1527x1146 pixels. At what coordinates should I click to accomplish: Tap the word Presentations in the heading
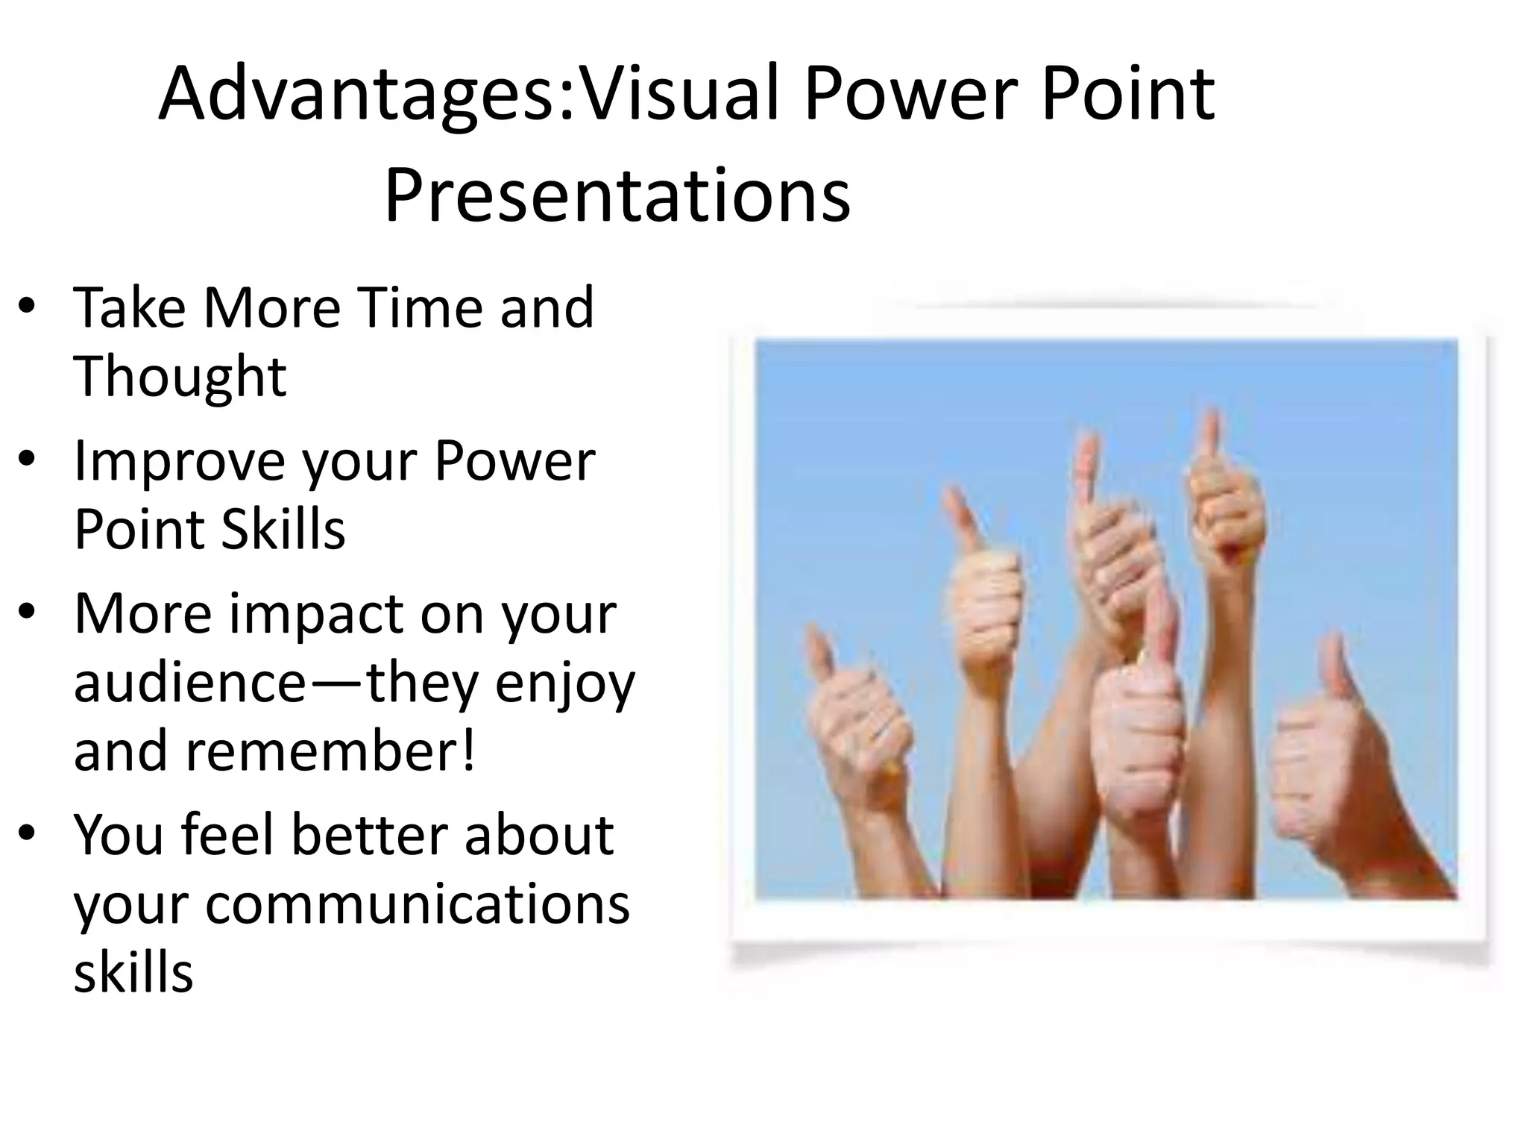pyautogui.click(x=617, y=195)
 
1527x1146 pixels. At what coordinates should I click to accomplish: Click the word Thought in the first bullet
pyautogui.click(x=180, y=376)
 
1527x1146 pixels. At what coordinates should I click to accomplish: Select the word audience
pyautogui.click(x=189, y=683)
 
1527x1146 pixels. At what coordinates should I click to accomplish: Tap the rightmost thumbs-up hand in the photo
pyautogui.click(x=1335, y=768)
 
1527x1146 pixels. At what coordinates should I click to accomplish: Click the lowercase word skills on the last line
pyautogui.click(x=133, y=972)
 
